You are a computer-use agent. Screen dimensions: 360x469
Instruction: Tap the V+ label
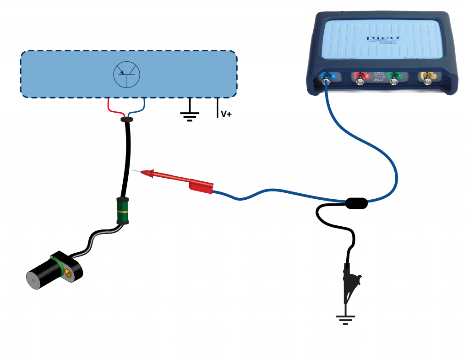226,114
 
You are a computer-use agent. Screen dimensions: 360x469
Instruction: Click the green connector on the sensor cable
122,211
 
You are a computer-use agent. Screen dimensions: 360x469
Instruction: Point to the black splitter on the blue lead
356,203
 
